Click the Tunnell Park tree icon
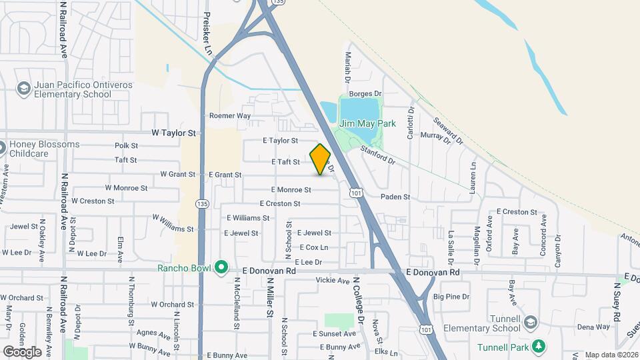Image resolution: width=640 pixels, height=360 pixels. (542, 347)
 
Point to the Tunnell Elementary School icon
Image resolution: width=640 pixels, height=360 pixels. (531, 323)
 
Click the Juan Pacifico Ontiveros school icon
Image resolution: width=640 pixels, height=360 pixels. (23, 89)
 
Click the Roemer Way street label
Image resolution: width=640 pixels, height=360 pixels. (229, 115)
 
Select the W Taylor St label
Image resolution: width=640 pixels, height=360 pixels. (174, 133)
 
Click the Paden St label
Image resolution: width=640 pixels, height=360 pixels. (395, 197)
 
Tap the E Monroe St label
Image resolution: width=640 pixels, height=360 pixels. (291, 189)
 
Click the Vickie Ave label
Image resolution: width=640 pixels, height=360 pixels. (333, 281)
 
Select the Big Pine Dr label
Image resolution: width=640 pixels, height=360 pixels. (451, 296)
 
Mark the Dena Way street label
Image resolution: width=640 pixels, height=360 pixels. (593, 327)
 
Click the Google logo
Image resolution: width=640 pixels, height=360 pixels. (22, 351)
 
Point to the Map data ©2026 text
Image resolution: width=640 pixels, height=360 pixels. (611, 355)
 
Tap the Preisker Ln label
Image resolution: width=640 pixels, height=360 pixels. (207, 33)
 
